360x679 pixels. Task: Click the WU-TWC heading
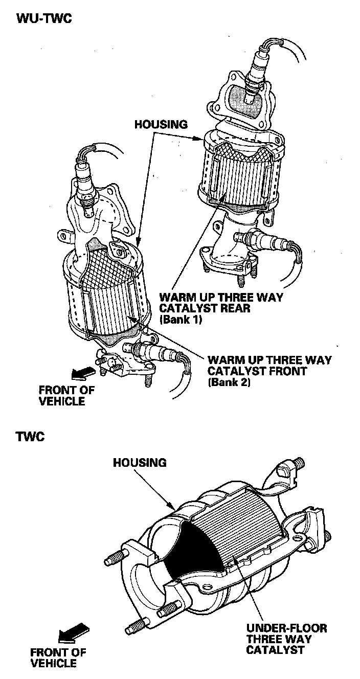click(x=43, y=19)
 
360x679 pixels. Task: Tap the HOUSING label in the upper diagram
click(x=161, y=124)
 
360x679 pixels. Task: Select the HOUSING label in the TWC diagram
click(x=140, y=463)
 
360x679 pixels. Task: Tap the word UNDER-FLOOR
click(x=286, y=628)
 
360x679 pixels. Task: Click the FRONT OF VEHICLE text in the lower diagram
click(x=58, y=658)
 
